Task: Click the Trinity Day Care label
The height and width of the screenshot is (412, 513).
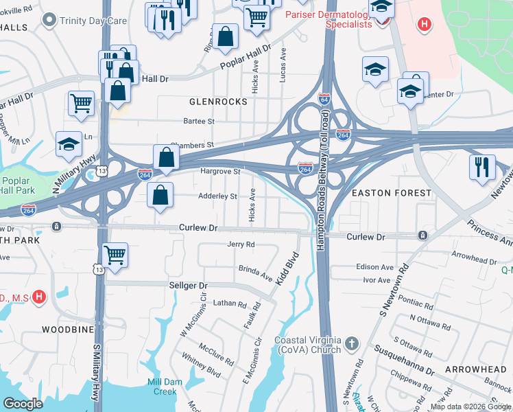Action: [x=93, y=21]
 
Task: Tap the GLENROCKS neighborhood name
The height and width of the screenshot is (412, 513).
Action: [x=218, y=102]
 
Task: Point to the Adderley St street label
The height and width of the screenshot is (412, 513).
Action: [x=217, y=196]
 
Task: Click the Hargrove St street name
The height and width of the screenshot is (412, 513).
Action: [x=219, y=171]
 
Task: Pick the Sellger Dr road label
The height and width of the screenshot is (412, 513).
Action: [x=188, y=285]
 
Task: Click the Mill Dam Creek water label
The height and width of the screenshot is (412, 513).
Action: [x=165, y=387]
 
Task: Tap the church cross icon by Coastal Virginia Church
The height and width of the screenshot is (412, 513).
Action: [x=351, y=343]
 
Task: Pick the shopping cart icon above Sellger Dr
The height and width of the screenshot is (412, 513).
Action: [x=115, y=255]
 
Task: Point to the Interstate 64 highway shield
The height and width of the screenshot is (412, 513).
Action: [x=324, y=99]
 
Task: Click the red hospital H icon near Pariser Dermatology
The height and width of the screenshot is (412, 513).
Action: [x=425, y=25]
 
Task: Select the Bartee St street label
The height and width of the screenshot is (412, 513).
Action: [x=199, y=121]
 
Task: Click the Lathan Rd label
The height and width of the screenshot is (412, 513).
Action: [x=229, y=304]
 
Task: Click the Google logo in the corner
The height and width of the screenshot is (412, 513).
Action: [x=23, y=404]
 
